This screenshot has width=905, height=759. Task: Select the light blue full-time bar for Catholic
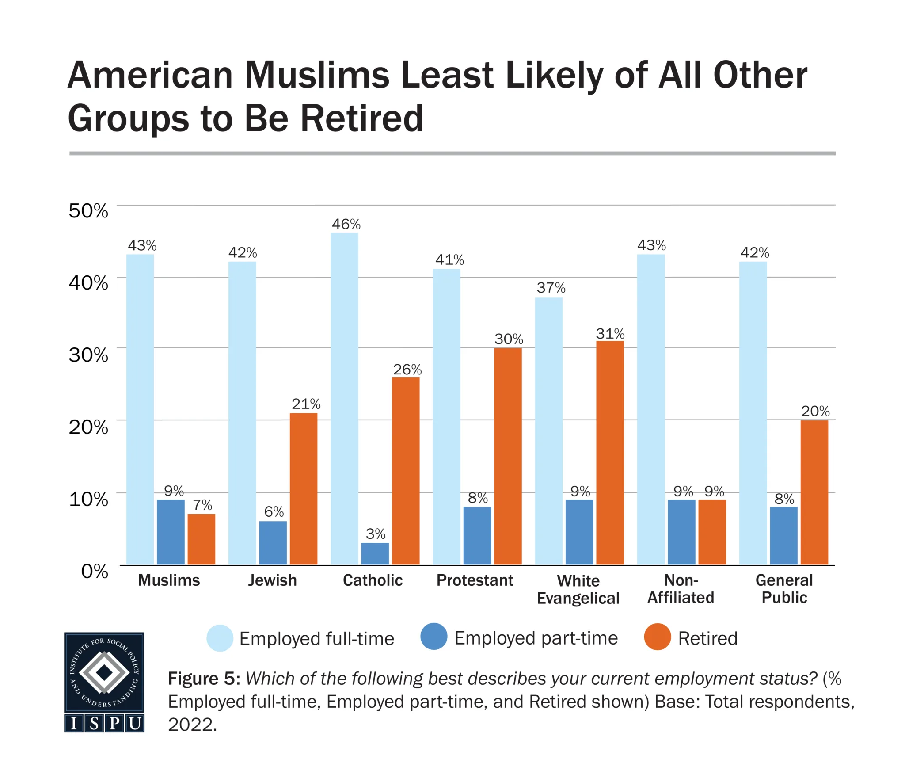coord(344,398)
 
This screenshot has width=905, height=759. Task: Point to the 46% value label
coord(346,225)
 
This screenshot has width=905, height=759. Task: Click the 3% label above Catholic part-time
coord(376,534)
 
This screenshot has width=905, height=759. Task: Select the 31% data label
coord(610,333)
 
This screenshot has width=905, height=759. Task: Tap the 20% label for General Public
coord(815,411)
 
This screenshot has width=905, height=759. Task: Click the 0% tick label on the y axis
coord(95,571)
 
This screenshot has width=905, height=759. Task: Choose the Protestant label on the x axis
coord(475,580)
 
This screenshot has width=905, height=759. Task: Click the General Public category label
coord(784,589)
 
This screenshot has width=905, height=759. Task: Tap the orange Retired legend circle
coord(658,637)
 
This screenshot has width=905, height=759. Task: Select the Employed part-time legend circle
coord(433,637)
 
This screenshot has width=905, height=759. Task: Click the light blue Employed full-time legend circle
coord(220,638)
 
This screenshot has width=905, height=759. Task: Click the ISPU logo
coord(104,682)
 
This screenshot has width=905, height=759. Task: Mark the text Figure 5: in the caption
coord(204,679)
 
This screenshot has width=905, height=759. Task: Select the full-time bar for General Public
coord(753,413)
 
